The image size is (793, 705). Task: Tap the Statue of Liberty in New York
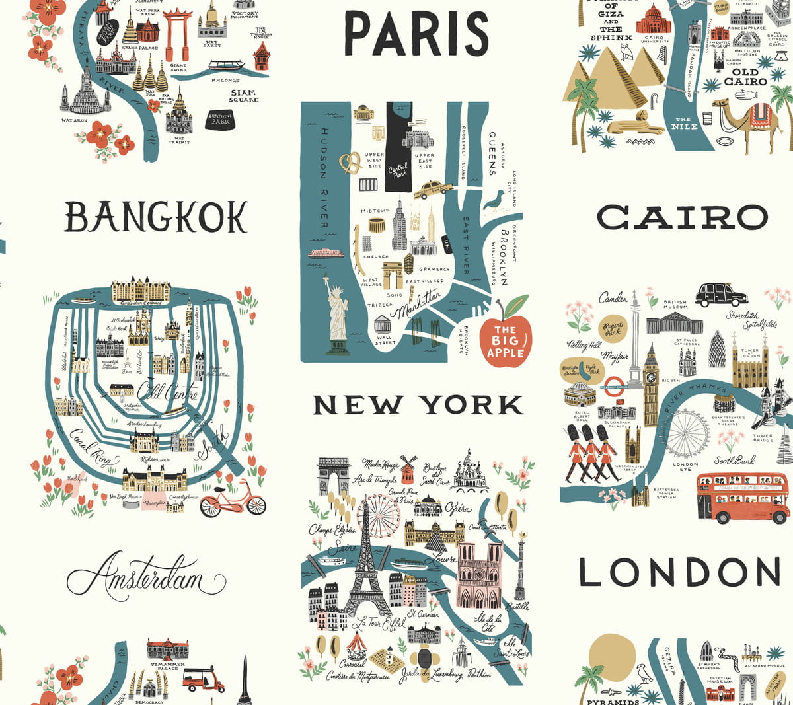(337, 314)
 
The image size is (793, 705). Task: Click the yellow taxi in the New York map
(433, 190)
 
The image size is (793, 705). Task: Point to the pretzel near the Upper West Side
(351, 163)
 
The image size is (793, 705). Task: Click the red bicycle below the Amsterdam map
(233, 499)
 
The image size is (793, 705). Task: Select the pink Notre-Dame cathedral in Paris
(480, 575)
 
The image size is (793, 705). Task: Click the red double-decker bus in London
(742, 497)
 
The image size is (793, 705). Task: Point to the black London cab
(720, 294)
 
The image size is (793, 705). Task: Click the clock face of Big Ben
(651, 378)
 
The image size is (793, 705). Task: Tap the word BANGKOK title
(156, 217)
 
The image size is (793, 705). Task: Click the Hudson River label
(324, 178)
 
